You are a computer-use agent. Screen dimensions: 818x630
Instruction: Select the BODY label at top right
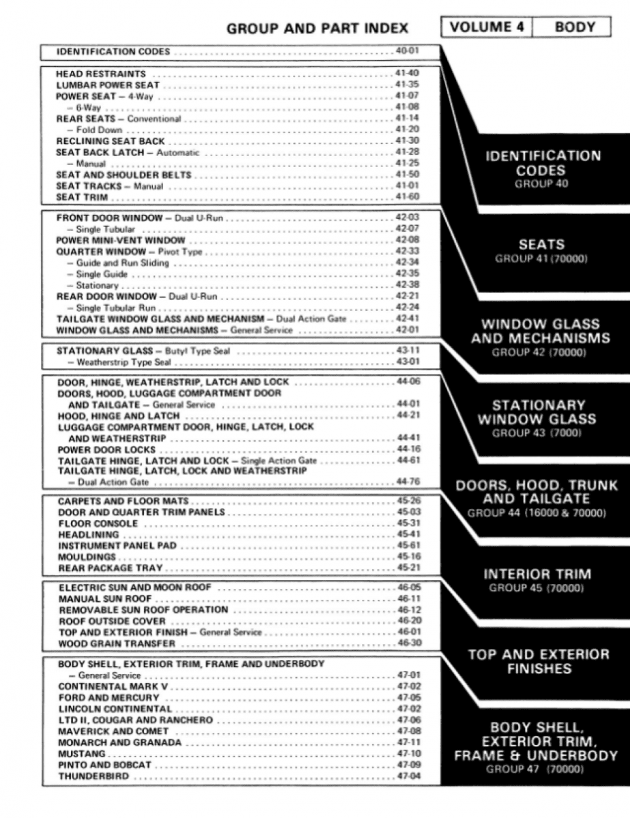pyautogui.click(x=575, y=27)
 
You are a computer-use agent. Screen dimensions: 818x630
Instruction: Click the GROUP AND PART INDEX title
pyautogui.click(x=317, y=29)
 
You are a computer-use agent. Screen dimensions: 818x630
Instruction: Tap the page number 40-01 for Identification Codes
pyautogui.click(x=408, y=51)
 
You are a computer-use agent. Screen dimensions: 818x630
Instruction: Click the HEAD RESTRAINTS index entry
pyautogui.click(x=101, y=74)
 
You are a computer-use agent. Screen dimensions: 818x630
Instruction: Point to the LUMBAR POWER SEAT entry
pyautogui.click(x=108, y=85)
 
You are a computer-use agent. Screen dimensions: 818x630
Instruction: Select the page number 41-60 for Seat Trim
pyautogui.click(x=408, y=197)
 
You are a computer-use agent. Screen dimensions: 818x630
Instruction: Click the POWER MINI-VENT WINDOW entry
pyautogui.click(x=121, y=240)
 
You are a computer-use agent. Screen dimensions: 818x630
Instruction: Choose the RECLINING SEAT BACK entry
pyautogui.click(x=110, y=141)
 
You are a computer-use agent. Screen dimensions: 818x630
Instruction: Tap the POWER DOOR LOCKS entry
pyautogui.click(x=106, y=450)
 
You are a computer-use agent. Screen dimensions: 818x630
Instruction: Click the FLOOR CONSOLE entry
pyautogui.click(x=98, y=524)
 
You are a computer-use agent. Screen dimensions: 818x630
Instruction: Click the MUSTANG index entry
pyautogui.click(x=82, y=754)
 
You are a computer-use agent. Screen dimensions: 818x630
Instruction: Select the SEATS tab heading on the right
pyautogui.click(x=541, y=244)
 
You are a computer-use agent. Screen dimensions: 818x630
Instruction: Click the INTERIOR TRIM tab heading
pyautogui.click(x=537, y=574)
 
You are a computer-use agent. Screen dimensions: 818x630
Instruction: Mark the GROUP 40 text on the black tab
pyautogui.click(x=541, y=184)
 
